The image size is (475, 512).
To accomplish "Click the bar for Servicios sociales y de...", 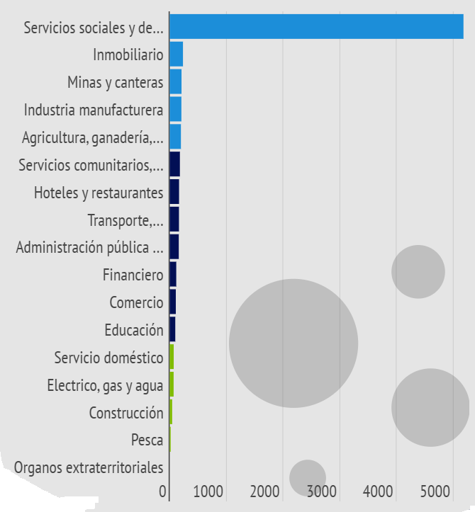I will coord(316,26).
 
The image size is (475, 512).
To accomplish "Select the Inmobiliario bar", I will coord(177,54).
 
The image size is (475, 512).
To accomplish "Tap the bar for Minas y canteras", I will coord(176,81).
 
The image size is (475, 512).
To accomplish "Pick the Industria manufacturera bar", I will coord(176,109).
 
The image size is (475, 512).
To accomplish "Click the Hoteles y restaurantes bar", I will coord(174,192).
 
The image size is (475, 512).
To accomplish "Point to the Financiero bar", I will coord(173,274).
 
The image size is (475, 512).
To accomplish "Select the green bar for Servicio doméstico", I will coord(172,357).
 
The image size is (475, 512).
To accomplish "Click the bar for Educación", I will coord(172,329).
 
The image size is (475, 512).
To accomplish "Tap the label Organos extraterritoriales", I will coord(89,468).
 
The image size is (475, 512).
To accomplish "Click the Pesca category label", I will coord(147,440).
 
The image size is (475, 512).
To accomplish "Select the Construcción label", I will coord(126,413).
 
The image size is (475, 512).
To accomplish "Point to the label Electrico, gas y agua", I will coord(105,385).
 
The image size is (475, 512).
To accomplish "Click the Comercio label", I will coord(136,302).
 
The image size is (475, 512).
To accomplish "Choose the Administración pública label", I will coord(89,247).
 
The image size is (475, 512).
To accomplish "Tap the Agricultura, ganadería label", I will coord(92,137).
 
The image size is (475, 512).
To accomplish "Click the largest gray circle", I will coord(294,343).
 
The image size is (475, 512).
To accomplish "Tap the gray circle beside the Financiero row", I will coord(418,272).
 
